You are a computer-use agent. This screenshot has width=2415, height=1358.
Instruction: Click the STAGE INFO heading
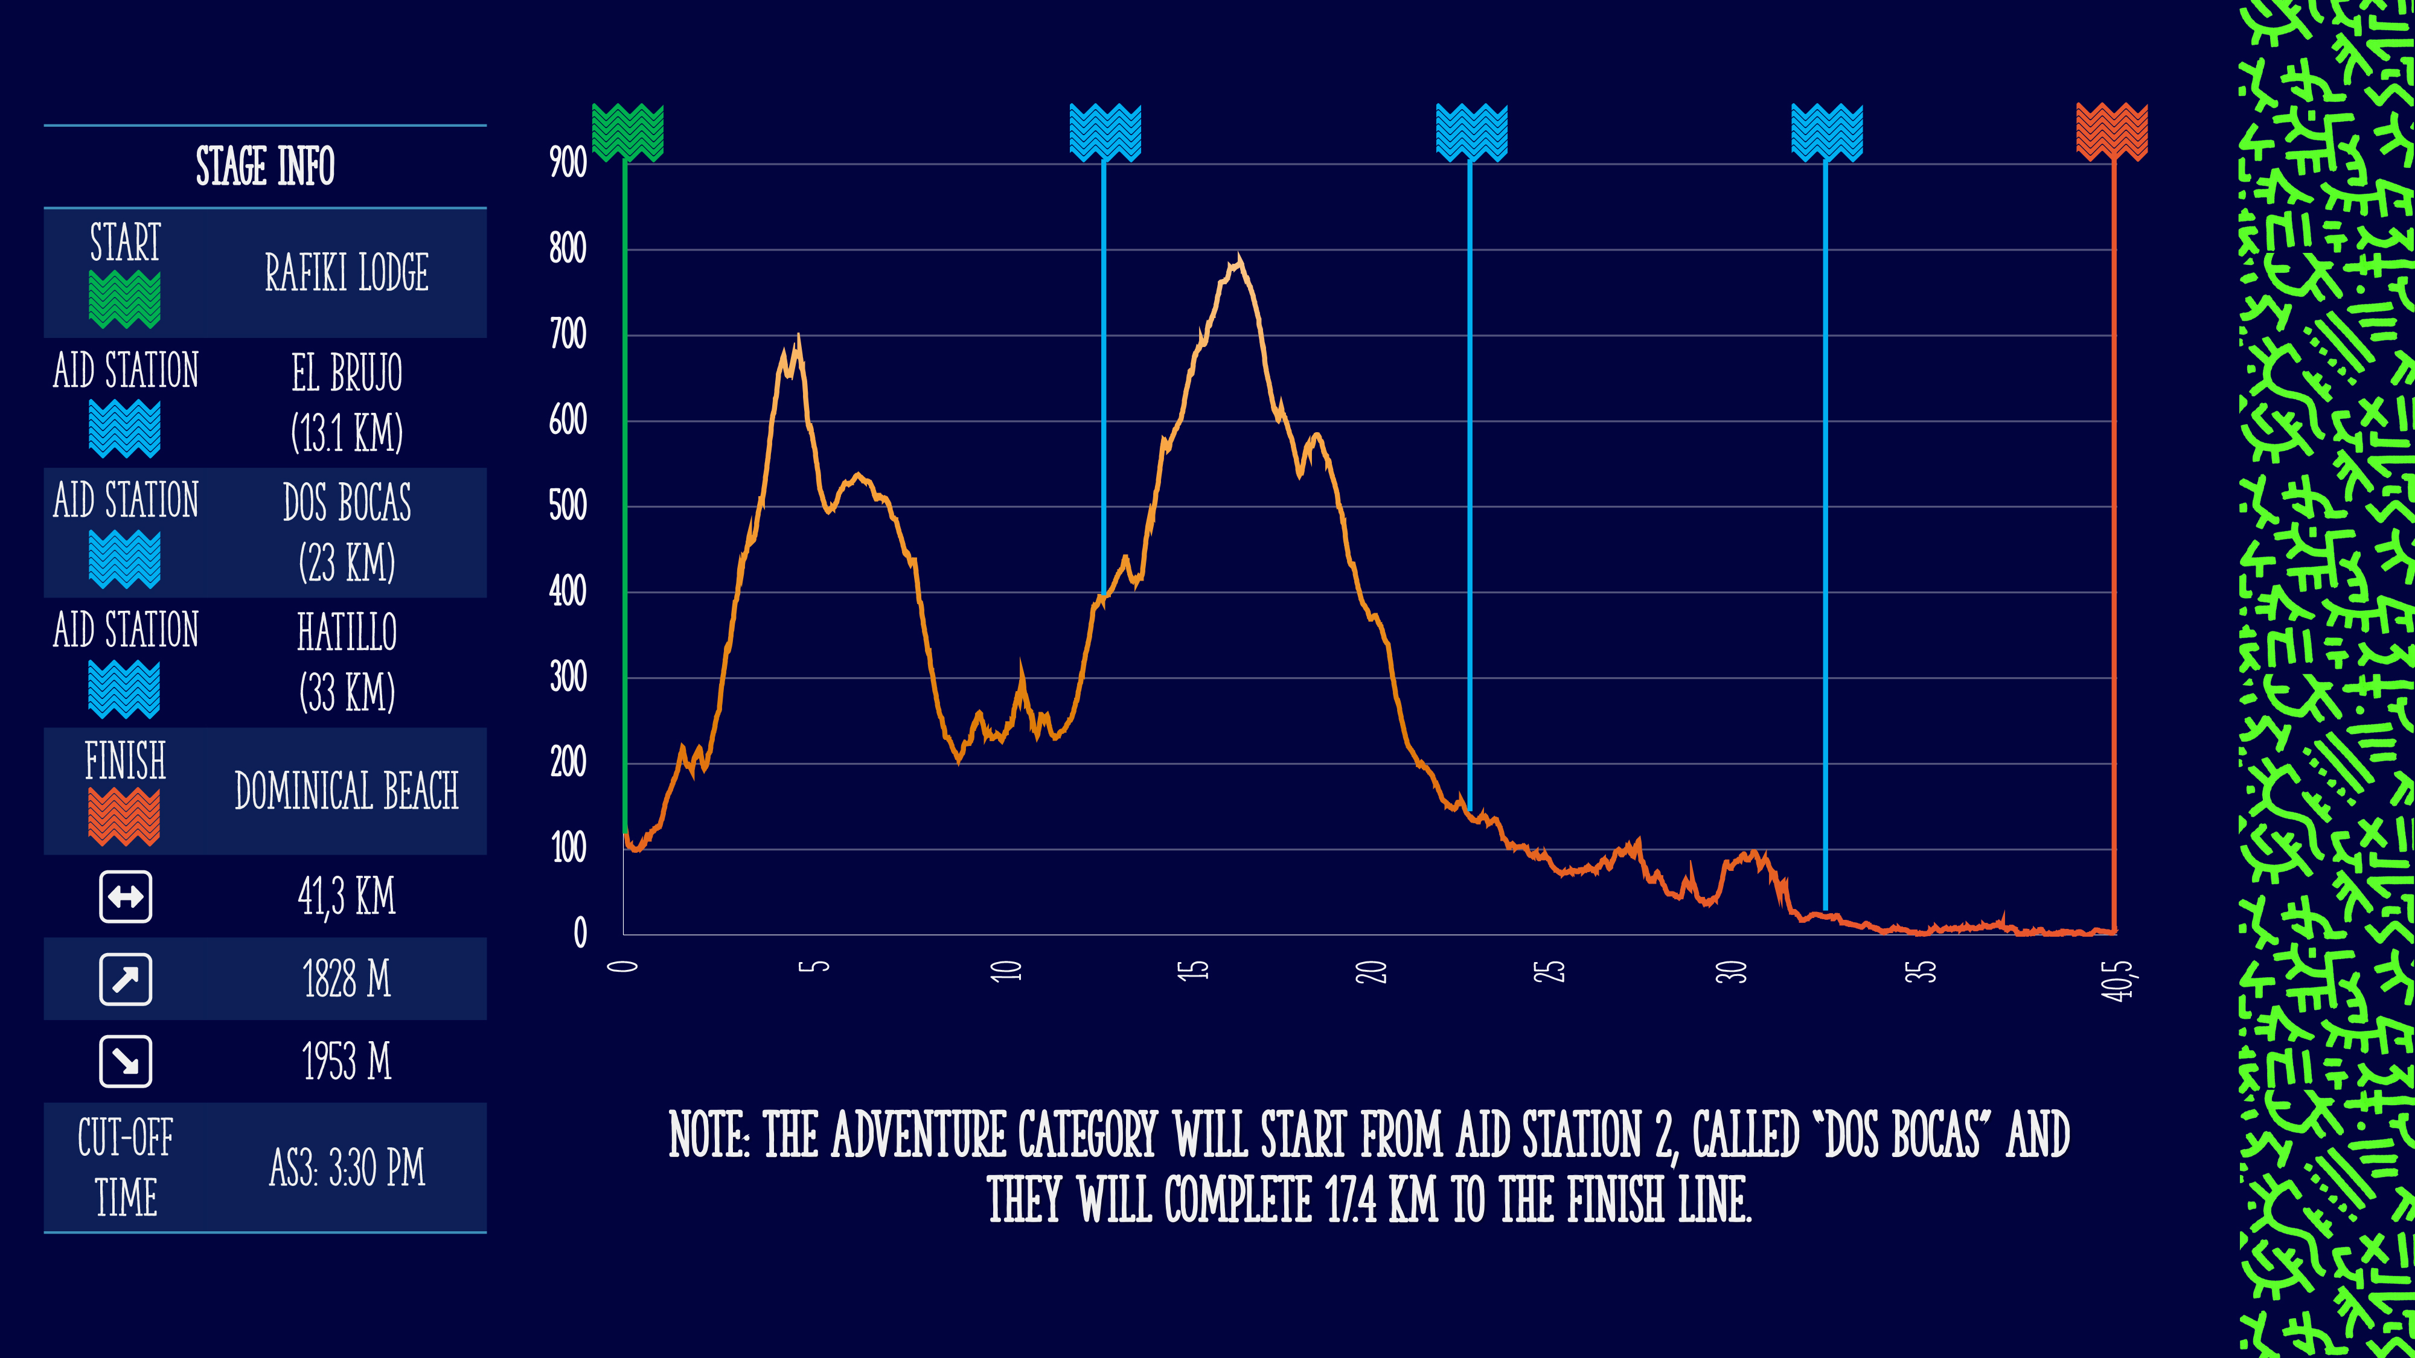(265, 167)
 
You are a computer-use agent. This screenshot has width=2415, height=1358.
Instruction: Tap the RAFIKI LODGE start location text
(347, 273)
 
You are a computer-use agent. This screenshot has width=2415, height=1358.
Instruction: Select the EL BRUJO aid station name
(347, 373)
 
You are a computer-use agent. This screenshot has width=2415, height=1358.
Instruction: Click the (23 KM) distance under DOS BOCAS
(347, 563)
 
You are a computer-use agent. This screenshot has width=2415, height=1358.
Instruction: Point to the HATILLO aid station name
(347, 632)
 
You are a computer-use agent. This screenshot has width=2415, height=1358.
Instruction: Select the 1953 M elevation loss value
(347, 1062)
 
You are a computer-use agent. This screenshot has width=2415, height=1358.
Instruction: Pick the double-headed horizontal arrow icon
(126, 897)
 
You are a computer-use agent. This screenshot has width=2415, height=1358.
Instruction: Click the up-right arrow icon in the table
(126, 980)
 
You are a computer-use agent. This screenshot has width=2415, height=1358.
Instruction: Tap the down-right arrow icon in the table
(126, 1062)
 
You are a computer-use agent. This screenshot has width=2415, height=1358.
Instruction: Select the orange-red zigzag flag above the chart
(2111, 131)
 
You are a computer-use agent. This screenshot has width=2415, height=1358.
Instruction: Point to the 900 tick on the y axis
(568, 163)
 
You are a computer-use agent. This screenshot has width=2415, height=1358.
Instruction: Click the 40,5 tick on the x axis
(2116, 980)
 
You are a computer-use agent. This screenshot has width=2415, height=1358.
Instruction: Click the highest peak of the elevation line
(1238, 258)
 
